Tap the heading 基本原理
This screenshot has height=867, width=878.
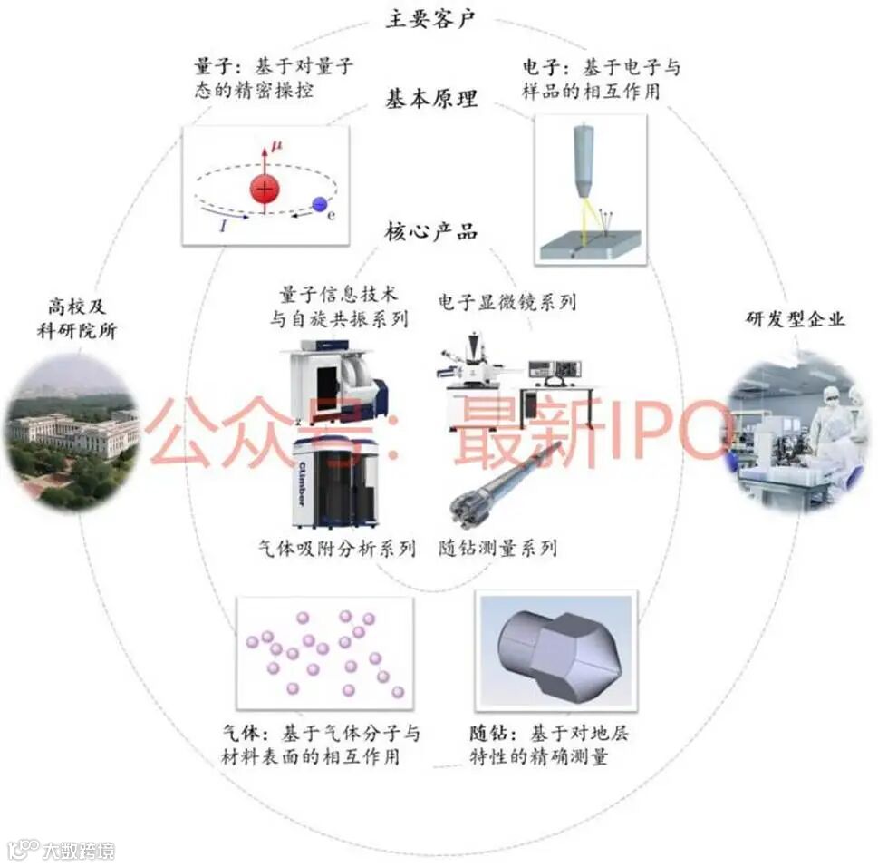[x=430, y=99]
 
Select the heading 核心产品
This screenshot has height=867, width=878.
[x=430, y=231]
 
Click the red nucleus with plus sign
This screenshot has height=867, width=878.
[x=264, y=190]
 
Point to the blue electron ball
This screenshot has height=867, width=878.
[x=319, y=205]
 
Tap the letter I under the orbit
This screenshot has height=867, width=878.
[x=223, y=226]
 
